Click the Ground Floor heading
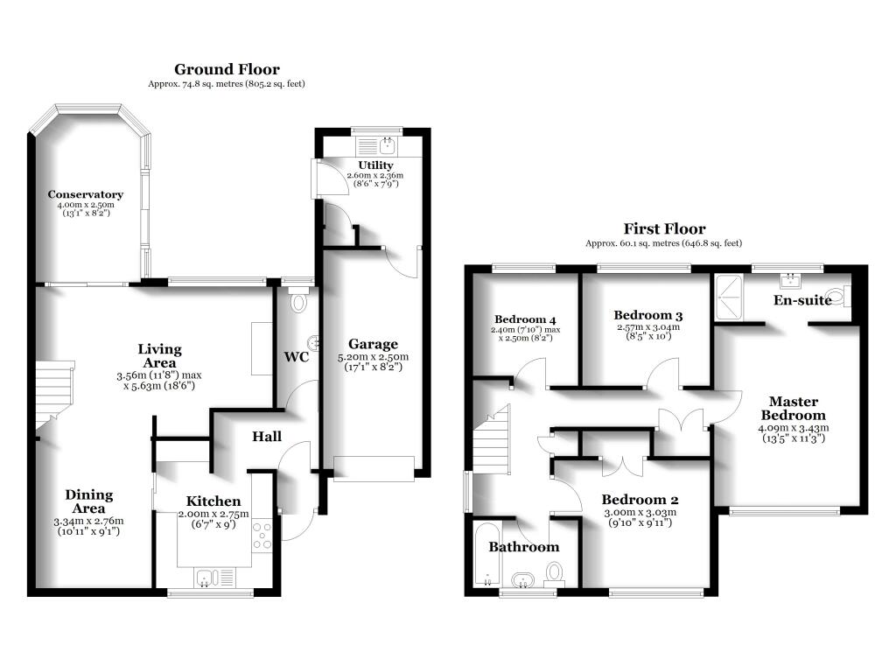pos(227,69)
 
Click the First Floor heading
pos(664,229)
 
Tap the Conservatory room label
pos(85,194)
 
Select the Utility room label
pos(375,165)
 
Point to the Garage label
pos(374,344)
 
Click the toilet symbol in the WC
pos(298,303)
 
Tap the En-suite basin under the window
pos(792,281)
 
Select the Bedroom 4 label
pos(525,319)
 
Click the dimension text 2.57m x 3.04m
pos(647,328)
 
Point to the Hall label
pos(267,436)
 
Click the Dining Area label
pos(89,501)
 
